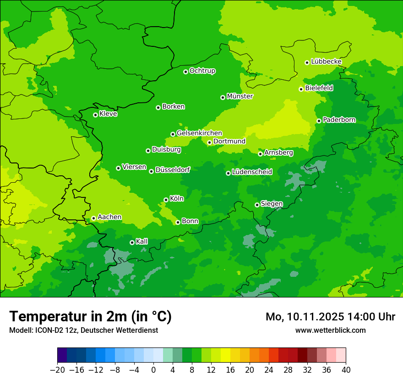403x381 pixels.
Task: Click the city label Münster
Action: [x=240, y=96]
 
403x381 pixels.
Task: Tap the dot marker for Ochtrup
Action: [x=185, y=72]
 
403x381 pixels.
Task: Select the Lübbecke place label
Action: [x=326, y=62]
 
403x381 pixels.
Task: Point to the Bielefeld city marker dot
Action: [x=301, y=89]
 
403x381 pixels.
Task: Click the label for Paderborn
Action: [x=339, y=120]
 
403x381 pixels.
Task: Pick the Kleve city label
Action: [x=109, y=114]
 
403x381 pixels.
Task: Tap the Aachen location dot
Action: [x=93, y=219]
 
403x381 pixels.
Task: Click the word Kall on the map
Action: [x=142, y=241]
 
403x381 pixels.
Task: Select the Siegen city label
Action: [x=272, y=204]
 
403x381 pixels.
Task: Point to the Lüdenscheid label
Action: [x=252, y=172]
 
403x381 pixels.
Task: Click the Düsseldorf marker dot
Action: [x=151, y=171]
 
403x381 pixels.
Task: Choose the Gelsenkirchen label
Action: [x=199, y=133]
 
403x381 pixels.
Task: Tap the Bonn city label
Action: [x=190, y=221]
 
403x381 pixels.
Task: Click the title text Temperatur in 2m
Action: [x=90, y=317]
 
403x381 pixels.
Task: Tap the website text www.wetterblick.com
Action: [x=330, y=331]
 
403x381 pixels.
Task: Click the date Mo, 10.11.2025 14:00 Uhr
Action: [x=330, y=317]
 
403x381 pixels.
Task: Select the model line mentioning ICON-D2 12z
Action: [x=83, y=331]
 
